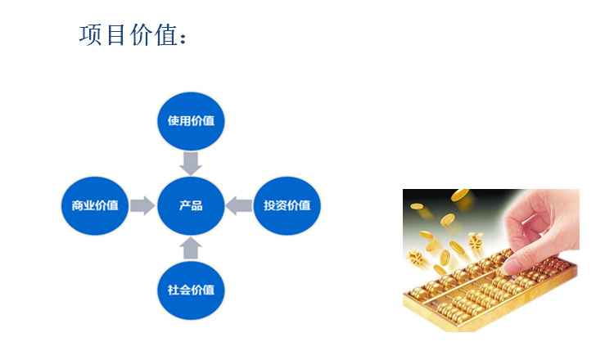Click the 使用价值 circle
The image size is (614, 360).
[191, 120]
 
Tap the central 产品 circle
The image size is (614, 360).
[191, 205]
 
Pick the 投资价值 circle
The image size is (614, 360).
[287, 205]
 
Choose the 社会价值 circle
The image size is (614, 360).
[191, 289]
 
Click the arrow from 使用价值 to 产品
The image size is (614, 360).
[191, 163]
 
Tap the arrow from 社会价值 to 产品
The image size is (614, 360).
[191, 248]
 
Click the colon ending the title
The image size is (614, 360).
[184, 38]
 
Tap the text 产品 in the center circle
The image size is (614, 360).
[191, 205]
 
